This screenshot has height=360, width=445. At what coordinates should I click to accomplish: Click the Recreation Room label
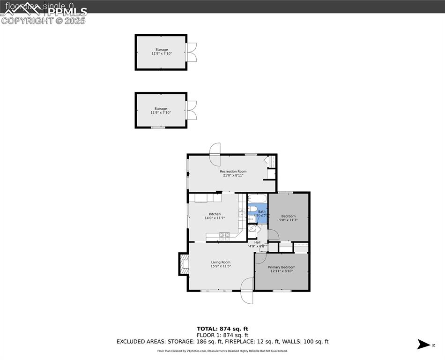click(x=233, y=172)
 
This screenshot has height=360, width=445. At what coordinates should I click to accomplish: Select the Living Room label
click(x=220, y=262)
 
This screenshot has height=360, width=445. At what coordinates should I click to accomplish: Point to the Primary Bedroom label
click(x=282, y=267)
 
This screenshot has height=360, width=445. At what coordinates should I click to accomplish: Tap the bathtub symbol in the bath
click(x=256, y=198)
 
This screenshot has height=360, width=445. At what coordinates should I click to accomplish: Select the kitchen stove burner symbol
click(x=224, y=236)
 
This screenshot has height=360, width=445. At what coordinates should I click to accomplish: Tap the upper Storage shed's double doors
click(x=192, y=52)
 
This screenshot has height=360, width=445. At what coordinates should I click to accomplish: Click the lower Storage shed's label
click(x=161, y=109)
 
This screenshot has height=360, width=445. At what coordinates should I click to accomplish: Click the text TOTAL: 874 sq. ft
click(x=222, y=329)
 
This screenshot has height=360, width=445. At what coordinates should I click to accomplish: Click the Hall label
click(x=257, y=242)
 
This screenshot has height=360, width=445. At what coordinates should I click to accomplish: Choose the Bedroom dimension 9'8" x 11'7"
click(x=288, y=220)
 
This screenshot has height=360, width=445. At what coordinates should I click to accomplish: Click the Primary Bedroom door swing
click(x=261, y=258)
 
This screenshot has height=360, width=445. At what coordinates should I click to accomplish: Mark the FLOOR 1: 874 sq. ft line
click(x=222, y=335)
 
